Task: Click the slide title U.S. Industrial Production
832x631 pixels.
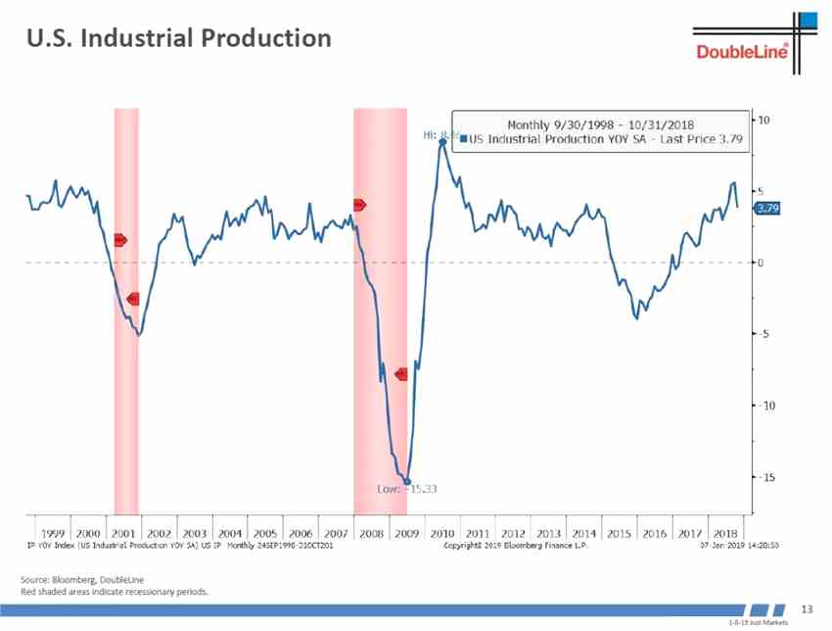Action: tap(178, 38)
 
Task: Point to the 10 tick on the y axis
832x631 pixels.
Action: tap(764, 120)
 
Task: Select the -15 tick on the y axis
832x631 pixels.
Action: tap(764, 477)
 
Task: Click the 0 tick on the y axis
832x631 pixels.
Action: tap(762, 263)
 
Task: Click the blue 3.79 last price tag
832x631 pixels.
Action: tap(767, 208)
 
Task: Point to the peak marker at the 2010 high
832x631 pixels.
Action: tap(442, 142)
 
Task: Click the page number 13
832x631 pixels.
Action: tap(808, 608)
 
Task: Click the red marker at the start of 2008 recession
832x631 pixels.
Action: tap(359, 205)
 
